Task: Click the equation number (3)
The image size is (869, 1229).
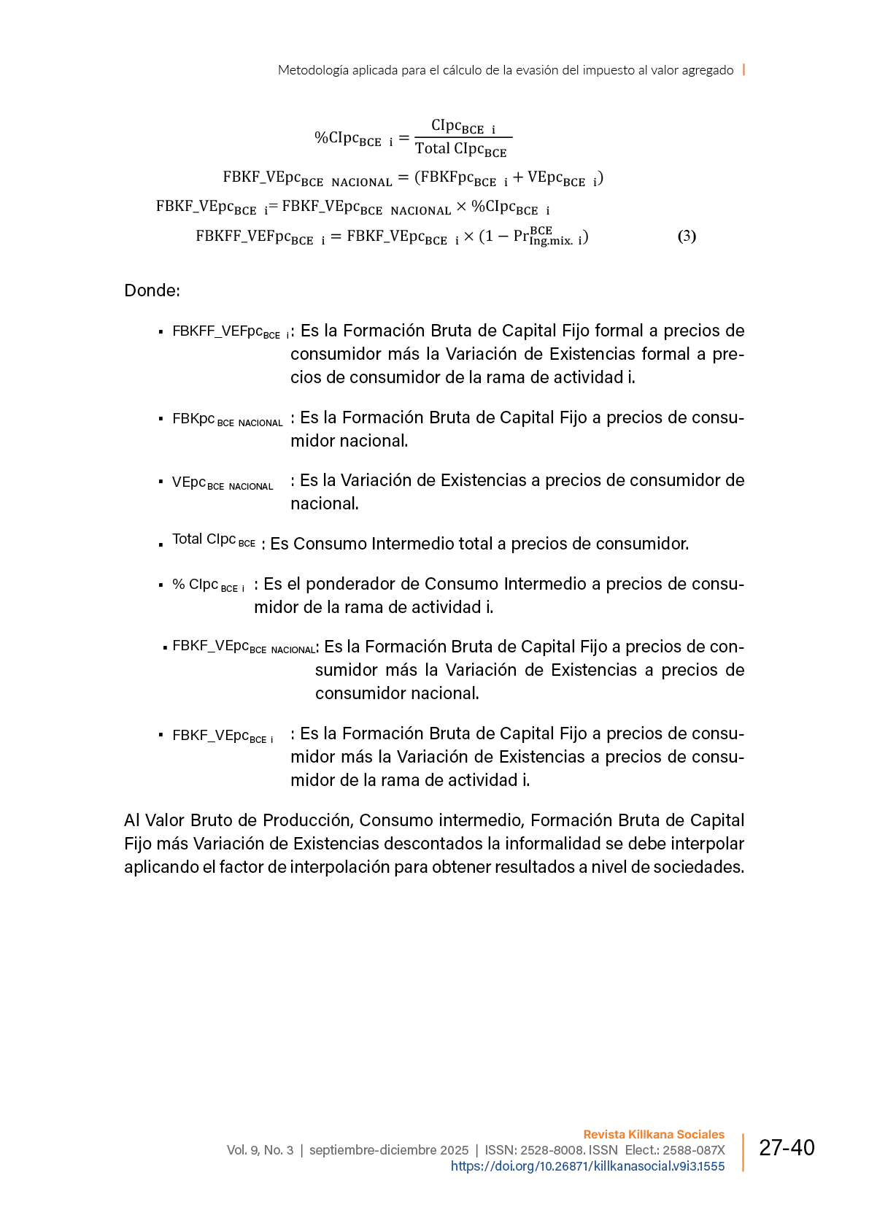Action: (687, 236)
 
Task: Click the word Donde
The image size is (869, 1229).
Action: (151, 290)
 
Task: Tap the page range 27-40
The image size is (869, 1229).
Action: (787, 1148)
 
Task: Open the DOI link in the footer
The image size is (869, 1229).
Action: (587, 1166)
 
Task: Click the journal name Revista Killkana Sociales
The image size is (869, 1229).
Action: (654, 1134)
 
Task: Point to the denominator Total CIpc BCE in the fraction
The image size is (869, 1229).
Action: (460, 150)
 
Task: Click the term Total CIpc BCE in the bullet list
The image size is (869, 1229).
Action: (213, 540)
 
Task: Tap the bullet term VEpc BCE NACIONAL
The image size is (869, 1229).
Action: (223, 483)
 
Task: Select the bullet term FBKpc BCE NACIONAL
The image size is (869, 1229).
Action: (227, 420)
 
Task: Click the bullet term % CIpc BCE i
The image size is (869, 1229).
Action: (208, 585)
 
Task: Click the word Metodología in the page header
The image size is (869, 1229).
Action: (313, 70)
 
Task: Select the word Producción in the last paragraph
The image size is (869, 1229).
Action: (308, 820)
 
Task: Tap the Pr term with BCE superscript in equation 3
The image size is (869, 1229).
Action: (533, 236)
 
